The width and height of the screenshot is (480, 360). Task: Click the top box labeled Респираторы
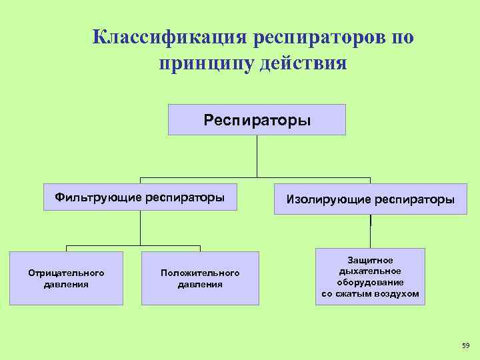coord(257,120)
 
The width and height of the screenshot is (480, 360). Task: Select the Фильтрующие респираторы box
coord(140,197)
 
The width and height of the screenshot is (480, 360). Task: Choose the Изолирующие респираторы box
coord(371,199)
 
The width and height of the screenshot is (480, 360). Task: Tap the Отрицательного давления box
coord(66,279)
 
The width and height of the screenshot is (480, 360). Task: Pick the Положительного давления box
coord(200,279)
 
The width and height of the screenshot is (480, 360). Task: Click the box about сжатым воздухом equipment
coord(370,277)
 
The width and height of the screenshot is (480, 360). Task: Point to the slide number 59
coord(465,345)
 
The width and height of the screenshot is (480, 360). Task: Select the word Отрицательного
coord(66,273)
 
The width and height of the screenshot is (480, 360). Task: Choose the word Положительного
coord(200,273)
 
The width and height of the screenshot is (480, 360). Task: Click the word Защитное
coord(371,260)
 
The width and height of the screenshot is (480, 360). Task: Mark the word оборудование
coord(371,282)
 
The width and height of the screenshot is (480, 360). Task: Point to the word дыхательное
coord(371,271)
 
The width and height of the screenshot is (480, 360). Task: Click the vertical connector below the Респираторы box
coord(257,157)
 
